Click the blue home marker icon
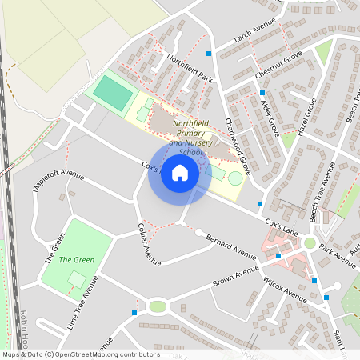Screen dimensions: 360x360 click(x=180, y=173)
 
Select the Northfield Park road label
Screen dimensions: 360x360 click(x=190, y=69)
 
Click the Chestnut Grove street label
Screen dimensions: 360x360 click(x=278, y=65)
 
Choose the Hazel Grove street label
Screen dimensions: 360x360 click(x=306, y=117)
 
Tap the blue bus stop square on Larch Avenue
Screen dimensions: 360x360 click(x=210, y=53)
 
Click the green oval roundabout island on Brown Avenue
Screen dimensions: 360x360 click(x=158, y=306)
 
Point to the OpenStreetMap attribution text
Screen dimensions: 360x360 click(x=80, y=354)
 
